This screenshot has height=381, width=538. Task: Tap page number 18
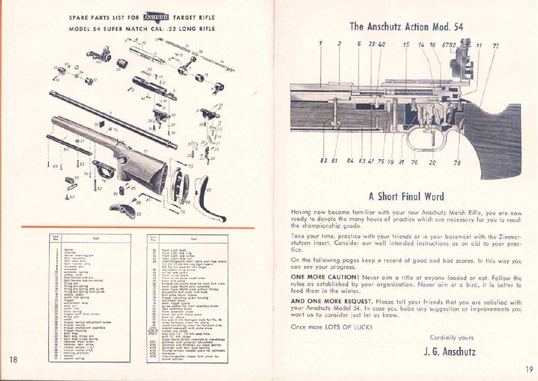point(14,359)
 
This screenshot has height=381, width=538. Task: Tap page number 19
point(529,370)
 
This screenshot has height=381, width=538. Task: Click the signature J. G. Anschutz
point(450,351)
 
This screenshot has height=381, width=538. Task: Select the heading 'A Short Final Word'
point(406,196)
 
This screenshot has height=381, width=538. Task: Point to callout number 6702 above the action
point(449,44)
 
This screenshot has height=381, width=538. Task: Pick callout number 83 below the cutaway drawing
point(324,161)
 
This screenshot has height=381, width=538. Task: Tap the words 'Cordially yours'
point(451,337)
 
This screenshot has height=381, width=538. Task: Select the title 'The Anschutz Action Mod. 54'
point(406,27)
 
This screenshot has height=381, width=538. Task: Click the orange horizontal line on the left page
point(138,227)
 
